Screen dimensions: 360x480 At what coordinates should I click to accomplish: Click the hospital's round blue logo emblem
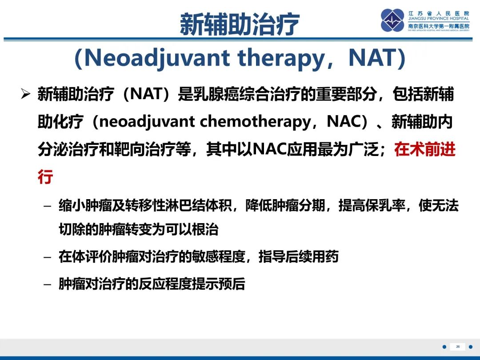[x=392, y=20]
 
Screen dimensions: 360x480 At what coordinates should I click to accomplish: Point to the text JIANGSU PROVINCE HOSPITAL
[x=439, y=19]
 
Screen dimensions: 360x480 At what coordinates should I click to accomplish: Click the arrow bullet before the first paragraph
[x=26, y=95]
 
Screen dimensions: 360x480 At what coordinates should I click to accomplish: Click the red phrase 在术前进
[x=425, y=149]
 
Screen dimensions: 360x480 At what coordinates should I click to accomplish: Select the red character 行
[x=45, y=177]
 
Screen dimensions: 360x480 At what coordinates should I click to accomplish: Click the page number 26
[x=457, y=347]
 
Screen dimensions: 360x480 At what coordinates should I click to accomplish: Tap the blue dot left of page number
[x=444, y=347]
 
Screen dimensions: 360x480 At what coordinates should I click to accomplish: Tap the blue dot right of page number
[x=471, y=347]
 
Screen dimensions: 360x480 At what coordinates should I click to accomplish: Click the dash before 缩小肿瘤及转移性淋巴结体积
[x=48, y=206]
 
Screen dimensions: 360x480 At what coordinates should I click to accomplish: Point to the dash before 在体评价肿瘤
[x=48, y=257]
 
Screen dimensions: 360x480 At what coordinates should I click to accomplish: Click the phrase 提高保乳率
[x=365, y=206]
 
